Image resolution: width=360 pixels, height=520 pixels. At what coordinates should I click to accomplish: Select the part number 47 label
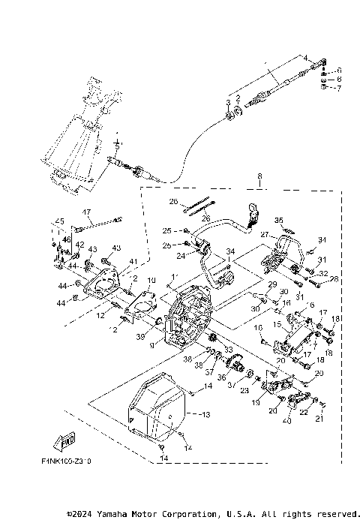click(86, 212)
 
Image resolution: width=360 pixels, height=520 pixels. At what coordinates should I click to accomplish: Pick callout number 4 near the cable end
click(305, 57)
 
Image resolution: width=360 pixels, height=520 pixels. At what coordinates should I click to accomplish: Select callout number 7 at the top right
click(338, 89)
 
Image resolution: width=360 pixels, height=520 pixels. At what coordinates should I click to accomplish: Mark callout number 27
click(264, 234)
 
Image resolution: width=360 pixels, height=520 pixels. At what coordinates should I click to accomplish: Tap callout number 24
click(181, 256)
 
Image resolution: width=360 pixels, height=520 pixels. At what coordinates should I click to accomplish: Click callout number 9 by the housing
click(153, 345)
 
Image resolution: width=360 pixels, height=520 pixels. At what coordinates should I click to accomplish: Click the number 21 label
click(322, 419)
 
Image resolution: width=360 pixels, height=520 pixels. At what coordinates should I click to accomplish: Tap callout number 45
click(57, 221)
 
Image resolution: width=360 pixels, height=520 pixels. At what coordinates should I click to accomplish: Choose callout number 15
click(277, 324)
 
